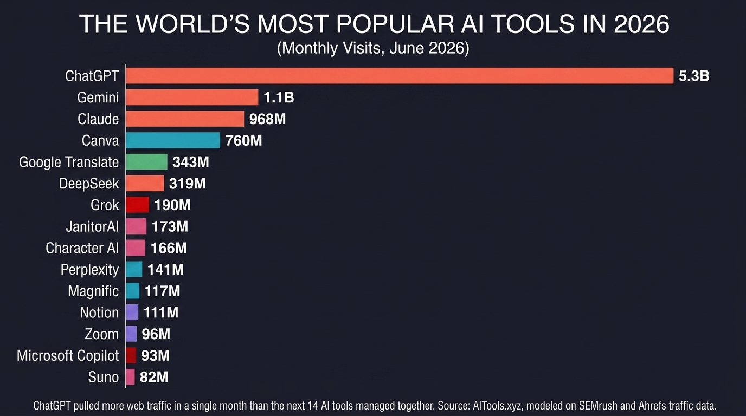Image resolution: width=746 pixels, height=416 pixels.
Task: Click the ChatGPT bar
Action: click(x=400, y=75)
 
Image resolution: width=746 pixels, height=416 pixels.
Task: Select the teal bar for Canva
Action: click(x=173, y=140)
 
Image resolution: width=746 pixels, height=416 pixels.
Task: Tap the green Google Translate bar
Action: click(x=146, y=162)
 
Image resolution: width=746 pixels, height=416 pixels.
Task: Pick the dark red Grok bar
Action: click(x=138, y=205)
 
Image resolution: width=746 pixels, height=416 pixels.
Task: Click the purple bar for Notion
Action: click(x=132, y=312)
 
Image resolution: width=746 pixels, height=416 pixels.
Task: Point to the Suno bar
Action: click(x=130, y=377)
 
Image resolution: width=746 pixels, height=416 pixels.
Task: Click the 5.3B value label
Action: click(x=694, y=76)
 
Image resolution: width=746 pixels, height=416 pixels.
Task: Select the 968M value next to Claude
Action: click(x=267, y=119)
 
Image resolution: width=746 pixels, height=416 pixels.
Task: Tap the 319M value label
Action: click(x=187, y=184)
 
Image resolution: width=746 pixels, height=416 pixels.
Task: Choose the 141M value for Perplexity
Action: click(x=165, y=270)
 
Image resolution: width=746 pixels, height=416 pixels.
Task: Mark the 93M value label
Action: click(x=155, y=355)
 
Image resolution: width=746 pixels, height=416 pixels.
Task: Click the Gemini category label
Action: click(x=98, y=97)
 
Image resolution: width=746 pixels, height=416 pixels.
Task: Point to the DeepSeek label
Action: click(x=89, y=184)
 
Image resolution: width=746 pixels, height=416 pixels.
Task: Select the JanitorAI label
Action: click(x=92, y=226)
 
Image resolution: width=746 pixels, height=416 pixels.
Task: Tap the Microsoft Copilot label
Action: click(x=68, y=356)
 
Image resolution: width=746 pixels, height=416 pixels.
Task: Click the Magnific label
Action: click(x=93, y=291)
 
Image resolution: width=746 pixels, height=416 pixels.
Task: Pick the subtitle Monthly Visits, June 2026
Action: click(x=373, y=48)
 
